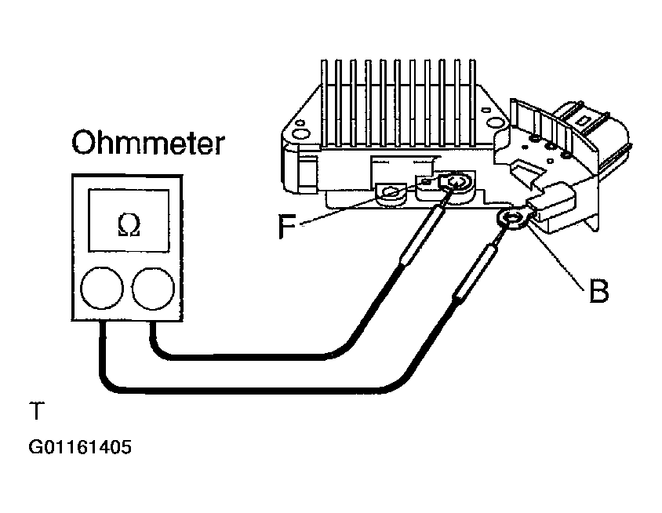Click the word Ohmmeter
coord(148,143)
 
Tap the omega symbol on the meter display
coord(129,225)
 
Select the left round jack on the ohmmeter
coord(102,288)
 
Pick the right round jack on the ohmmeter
coord(153,288)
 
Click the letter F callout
coord(287,226)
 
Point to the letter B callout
coord(598,290)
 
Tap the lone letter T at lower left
coord(36,410)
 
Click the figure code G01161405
coord(80,447)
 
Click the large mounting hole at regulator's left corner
coord(301,135)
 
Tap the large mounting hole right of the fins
coord(493,122)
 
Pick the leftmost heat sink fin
coord(324,103)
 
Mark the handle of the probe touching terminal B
coord(475,273)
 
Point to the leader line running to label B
coord(556,257)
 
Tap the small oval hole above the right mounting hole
coord(486,110)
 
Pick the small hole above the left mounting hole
coord(300,123)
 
